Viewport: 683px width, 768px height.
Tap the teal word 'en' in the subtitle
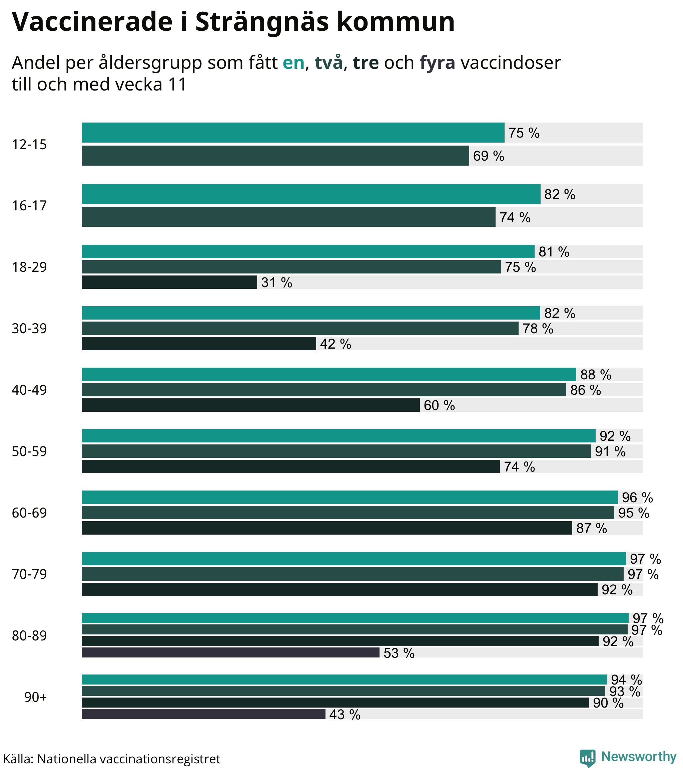pos(293,63)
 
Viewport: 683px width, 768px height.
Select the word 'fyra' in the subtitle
pos(437,63)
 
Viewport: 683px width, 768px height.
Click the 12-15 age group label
pos(29,145)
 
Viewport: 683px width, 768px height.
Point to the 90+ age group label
pos(35,697)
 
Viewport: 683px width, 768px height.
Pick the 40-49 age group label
pos(29,390)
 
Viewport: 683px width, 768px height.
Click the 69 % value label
pos(488,156)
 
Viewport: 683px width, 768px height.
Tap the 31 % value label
pos(276,282)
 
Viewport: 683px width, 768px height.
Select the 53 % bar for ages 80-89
pos(230,653)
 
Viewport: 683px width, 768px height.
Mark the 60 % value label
pos(439,405)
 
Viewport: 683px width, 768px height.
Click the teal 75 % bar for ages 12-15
pos(293,133)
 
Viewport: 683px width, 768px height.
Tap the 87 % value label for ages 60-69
pos(591,528)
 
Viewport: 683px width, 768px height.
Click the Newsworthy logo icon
pos(587,757)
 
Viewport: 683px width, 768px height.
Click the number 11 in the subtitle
pos(177,84)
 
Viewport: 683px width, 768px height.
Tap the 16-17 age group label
pos(29,206)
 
